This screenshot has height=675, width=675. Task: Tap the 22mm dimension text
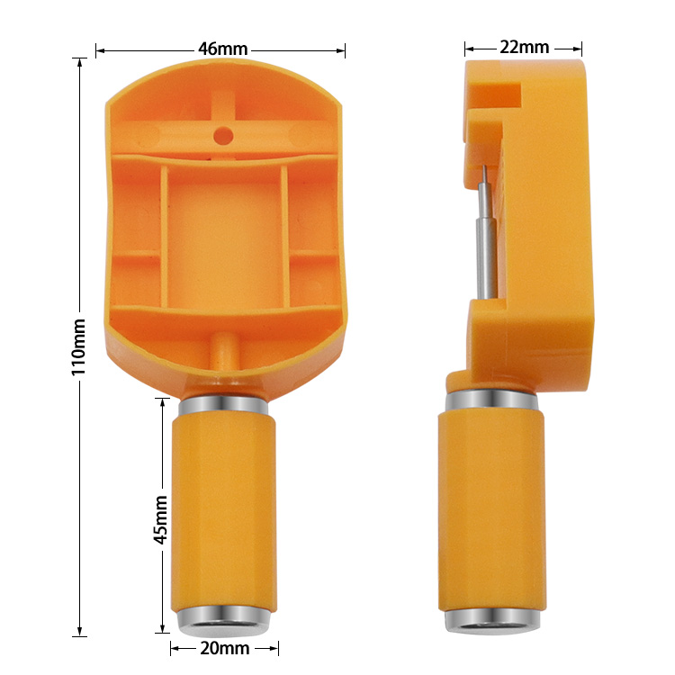(524, 47)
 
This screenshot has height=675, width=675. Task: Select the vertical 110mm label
(79, 347)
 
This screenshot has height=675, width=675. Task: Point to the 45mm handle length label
(160, 519)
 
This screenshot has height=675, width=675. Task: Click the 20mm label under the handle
(223, 648)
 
